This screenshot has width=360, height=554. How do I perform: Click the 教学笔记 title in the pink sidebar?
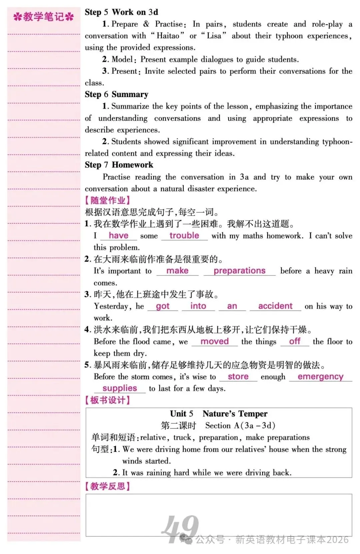(x=43, y=17)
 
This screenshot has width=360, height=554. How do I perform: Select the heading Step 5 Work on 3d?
(x=121, y=12)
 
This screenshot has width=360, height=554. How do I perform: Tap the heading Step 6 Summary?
(x=116, y=94)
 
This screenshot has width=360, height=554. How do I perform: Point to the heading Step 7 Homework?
(x=119, y=165)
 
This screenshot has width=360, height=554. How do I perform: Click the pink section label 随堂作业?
(x=107, y=200)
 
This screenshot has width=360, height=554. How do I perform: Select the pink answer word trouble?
(x=184, y=235)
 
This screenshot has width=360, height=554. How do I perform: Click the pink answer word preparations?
(x=239, y=270)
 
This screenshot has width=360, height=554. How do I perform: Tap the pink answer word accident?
(x=275, y=306)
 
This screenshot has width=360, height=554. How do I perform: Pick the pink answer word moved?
(x=214, y=341)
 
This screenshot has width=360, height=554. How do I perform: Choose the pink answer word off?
(x=295, y=341)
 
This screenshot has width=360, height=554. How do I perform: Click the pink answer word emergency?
(x=320, y=377)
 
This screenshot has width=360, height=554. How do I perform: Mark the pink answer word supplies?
(x=120, y=388)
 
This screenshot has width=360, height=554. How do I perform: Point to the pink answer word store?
(x=238, y=377)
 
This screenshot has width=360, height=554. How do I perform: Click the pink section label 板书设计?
(x=107, y=400)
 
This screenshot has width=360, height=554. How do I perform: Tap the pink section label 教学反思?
(x=107, y=486)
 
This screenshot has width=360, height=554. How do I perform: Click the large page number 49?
(x=180, y=528)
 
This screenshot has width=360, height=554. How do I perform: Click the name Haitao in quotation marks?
(x=168, y=36)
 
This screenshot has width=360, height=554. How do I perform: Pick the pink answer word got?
(x=163, y=306)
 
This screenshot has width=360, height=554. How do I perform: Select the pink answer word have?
(x=118, y=235)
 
